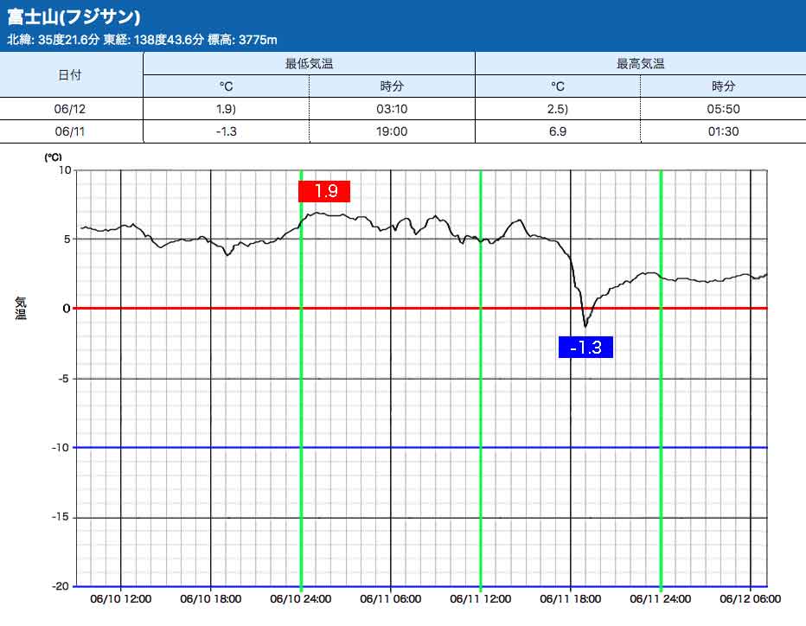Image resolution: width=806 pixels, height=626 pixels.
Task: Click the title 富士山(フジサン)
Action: click(74, 17)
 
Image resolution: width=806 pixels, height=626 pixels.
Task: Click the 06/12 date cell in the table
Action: click(71, 109)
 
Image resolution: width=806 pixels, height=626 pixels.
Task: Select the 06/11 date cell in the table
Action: click(71, 131)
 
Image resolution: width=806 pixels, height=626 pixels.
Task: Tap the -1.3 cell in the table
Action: click(226, 131)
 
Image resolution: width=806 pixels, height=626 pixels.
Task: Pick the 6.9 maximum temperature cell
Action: click(558, 131)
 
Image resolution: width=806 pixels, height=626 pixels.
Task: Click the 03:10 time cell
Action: click(392, 109)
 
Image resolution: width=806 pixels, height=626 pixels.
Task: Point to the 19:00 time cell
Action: click(392, 131)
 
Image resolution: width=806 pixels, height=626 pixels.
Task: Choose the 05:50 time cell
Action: click(723, 109)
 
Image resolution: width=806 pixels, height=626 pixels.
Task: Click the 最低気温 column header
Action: click(309, 63)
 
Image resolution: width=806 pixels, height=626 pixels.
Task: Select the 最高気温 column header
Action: click(640, 63)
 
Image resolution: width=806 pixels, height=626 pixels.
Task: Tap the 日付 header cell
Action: click(71, 74)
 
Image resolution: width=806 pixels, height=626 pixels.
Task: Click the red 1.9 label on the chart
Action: click(324, 191)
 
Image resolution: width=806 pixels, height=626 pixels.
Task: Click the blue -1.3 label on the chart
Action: click(586, 348)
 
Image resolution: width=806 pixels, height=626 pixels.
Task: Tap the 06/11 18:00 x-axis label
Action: click(570, 599)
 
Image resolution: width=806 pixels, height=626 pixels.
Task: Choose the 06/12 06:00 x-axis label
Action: click(750, 599)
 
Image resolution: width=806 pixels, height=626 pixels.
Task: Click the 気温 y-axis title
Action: click(22, 308)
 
